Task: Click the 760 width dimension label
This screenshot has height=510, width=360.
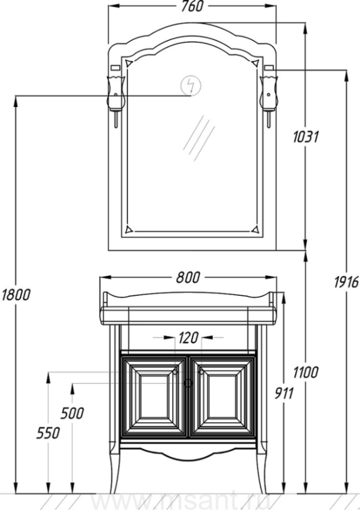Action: (192, 6)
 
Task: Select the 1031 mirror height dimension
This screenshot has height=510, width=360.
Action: (306, 137)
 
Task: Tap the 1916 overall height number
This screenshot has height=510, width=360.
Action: (346, 282)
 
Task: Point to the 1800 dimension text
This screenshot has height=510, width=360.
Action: (16, 295)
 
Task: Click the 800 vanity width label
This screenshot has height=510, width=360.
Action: (188, 278)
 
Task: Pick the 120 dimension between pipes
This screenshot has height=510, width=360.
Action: (188, 338)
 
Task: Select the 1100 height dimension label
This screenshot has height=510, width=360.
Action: (306, 372)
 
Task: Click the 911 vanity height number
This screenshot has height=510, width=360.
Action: (284, 394)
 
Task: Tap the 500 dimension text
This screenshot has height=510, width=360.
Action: (72, 414)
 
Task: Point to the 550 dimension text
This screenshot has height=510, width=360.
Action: (48, 433)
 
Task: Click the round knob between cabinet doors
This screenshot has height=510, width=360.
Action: (188, 384)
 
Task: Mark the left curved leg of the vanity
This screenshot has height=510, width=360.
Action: (115, 471)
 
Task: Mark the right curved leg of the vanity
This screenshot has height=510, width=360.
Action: (262, 471)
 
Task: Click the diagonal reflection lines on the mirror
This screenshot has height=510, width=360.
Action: (199, 138)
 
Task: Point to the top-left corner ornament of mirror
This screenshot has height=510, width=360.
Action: (129, 63)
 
